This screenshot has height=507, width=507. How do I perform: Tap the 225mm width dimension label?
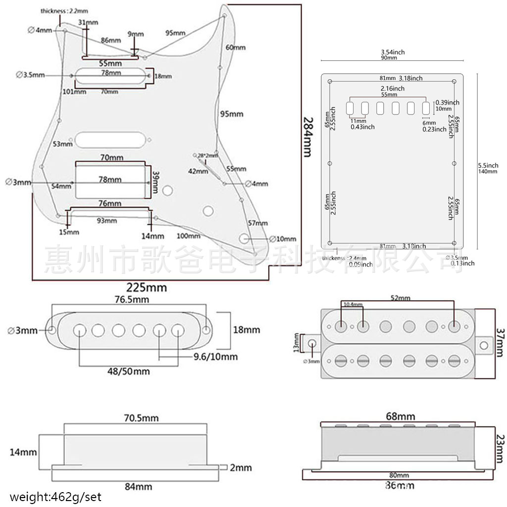pyautogui.click(x=147, y=287)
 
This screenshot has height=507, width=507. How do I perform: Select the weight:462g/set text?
pyautogui.click(x=55, y=496)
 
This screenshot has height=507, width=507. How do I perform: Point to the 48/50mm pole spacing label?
pyautogui.click(x=129, y=371)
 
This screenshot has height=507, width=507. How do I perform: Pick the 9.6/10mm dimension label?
pyautogui.click(x=215, y=356)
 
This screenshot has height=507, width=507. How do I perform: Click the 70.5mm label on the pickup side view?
pyautogui.click(x=141, y=418)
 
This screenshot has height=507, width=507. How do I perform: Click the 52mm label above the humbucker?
pyautogui.click(x=400, y=298)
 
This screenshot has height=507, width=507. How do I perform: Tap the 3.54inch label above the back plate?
pyautogui.click(x=393, y=52)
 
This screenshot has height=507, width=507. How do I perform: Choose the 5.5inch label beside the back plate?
pyautogui.click(x=488, y=165)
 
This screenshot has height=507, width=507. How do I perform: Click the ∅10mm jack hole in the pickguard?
pyautogui.click(x=244, y=238)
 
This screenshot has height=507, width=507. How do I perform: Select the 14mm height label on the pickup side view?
pyautogui.click(x=23, y=452)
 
